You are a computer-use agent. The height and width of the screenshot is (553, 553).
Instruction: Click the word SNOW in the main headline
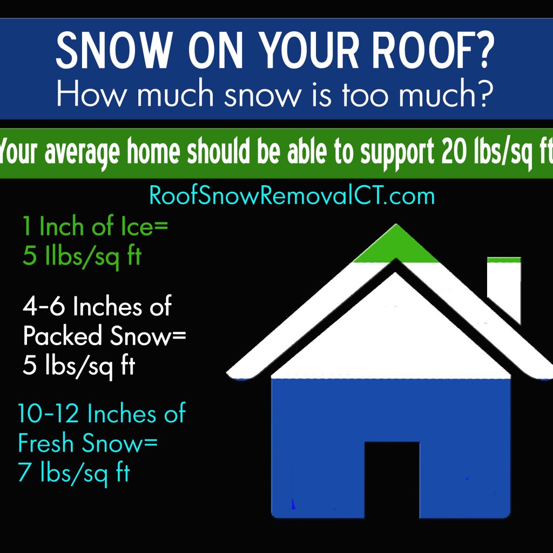point(114,50)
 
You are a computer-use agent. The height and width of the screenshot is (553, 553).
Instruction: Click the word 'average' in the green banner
point(83,154)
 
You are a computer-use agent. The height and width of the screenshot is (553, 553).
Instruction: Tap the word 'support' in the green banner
point(397,154)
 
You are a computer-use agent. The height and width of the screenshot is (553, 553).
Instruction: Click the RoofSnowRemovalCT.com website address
point(292,195)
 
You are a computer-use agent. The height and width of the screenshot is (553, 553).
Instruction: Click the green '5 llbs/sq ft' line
point(82,256)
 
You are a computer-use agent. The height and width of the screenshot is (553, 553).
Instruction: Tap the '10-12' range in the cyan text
point(48,413)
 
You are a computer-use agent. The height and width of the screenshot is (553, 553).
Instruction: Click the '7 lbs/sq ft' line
point(74,473)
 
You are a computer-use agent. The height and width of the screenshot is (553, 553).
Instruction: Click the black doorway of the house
point(392,480)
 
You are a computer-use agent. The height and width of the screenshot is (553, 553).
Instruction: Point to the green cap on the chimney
point(504,260)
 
